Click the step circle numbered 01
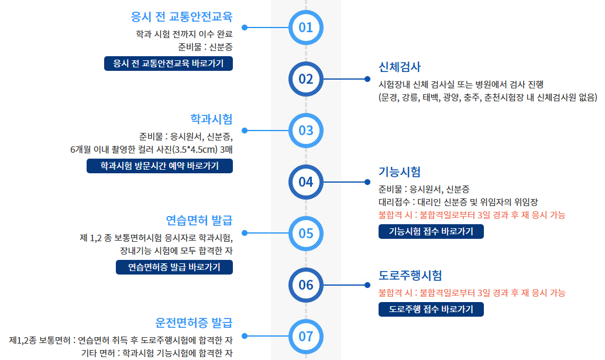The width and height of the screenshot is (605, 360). tap(306, 27)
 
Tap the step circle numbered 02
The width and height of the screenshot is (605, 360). tap(306, 79)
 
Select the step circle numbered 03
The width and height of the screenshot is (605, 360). tap(306, 130)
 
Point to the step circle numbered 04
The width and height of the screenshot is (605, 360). tap(306, 181)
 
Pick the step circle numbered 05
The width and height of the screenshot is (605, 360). tap(306, 233)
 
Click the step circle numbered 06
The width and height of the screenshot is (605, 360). tap(306, 285)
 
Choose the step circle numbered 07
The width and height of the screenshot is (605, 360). tap(306, 336)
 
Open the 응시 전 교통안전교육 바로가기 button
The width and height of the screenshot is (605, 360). tap(168, 63)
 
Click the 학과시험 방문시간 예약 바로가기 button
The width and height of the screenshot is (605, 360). tap(160, 166)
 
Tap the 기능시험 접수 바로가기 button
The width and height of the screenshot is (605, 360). tap(431, 231)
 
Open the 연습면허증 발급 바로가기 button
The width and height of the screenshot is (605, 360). tap(174, 268)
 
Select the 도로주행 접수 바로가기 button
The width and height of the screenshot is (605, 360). tap(431, 309)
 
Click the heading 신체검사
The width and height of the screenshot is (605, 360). tap(400, 66)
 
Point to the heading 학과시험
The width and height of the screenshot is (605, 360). tap(211, 119)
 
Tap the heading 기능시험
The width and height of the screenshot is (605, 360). tap(400, 172)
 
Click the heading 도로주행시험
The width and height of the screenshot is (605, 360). tap(410, 275)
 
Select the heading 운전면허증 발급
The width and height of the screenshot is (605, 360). tap(194, 323)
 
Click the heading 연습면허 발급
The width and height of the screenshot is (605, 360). tap(199, 221)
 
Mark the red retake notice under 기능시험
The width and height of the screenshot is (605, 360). tap(472, 215)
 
